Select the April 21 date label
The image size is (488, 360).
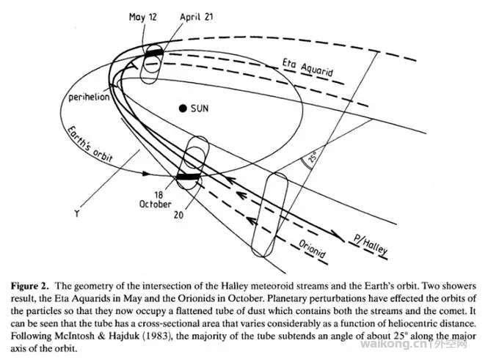tap(194, 17)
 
